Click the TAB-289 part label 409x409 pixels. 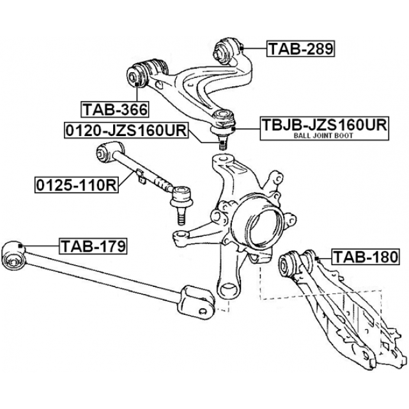click(300, 49)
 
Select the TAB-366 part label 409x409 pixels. click(115, 109)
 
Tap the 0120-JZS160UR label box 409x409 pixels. click(127, 130)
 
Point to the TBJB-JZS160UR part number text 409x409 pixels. click(325, 125)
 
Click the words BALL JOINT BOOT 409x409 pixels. click(323, 135)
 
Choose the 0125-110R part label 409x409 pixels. click(77, 185)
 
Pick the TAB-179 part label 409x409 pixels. click(93, 246)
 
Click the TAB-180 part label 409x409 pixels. click(366, 257)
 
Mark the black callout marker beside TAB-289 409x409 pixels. click(242, 49)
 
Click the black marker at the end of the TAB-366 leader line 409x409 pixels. click(137, 84)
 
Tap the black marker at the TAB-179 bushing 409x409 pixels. click(20, 245)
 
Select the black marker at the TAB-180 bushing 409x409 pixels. click(317, 258)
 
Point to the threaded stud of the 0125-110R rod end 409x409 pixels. click(181, 216)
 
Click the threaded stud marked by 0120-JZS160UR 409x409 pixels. click(222, 143)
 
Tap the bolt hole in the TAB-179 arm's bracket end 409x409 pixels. click(203, 311)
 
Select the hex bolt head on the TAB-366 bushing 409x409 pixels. click(132, 77)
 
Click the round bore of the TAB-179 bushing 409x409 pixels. click(12, 261)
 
